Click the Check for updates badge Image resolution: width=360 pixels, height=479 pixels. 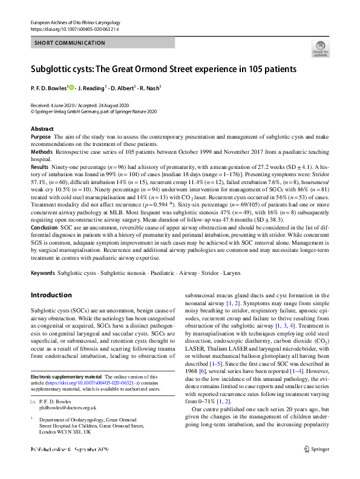[x=320, y=48]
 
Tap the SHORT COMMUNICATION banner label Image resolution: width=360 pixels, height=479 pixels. [x=61, y=43]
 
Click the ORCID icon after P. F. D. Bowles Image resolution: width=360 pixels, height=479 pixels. [x=72, y=88]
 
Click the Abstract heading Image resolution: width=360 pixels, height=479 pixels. [x=42, y=129]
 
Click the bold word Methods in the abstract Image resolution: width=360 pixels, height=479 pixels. [x=41, y=151]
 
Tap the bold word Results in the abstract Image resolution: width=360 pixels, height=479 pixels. [x=39, y=165]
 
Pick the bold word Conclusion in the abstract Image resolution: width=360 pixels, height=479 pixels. [x=44, y=220]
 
